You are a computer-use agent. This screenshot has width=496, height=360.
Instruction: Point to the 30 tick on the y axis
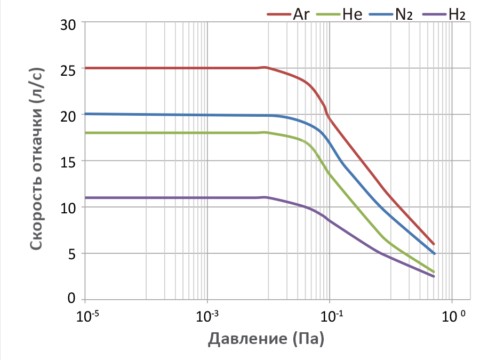pyautogui.click(x=68, y=23)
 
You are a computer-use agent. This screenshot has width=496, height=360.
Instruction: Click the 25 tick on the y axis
pyautogui.click(x=68, y=69)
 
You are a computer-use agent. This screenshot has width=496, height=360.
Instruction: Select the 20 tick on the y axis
pyautogui.click(x=68, y=115)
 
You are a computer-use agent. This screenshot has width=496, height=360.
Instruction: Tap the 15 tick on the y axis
pyautogui.click(x=68, y=161)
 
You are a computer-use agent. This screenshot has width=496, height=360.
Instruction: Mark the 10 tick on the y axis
pyautogui.click(x=68, y=207)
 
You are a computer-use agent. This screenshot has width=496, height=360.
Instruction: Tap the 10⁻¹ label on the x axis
pyautogui.click(x=331, y=315)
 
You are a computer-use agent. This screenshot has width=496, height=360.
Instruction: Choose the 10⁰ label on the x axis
pyautogui.click(x=453, y=315)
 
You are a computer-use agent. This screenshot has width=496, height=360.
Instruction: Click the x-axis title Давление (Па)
pyautogui.click(x=267, y=338)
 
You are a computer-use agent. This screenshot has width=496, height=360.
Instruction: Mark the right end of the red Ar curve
pyautogui.click(x=434, y=244)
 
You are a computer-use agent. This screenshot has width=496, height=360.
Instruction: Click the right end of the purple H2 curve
pyautogui.click(x=434, y=276)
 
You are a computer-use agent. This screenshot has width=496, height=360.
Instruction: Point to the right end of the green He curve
pyautogui.click(x=434, y=271)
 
